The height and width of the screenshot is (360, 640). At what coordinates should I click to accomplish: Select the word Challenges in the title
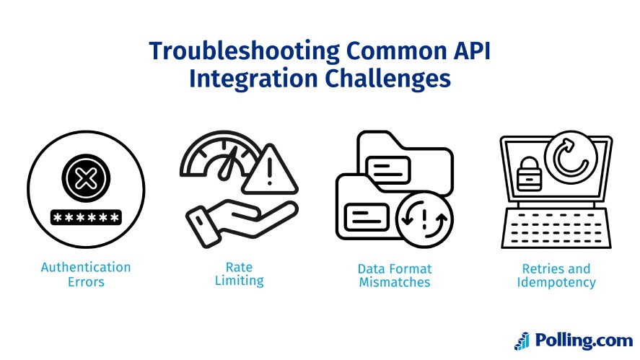click(x=385, y=79)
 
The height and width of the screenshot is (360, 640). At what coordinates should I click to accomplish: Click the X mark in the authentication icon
click(x=85, y=177)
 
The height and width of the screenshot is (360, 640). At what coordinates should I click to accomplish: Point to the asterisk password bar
click(x=85, y=217)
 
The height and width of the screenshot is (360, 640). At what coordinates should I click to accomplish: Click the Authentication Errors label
click(x=86, y=274)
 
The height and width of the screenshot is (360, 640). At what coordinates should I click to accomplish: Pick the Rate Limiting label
click(x=239, y=274)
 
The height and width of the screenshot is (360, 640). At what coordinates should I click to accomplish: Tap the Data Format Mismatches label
click(x=394, y=275)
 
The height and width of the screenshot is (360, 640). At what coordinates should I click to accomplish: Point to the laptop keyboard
click(x=556, y=223)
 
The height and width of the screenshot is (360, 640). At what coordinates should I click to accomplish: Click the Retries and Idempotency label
click(x=556, y=274)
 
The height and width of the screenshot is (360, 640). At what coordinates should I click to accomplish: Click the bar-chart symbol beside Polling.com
click(x=522, y=341)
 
